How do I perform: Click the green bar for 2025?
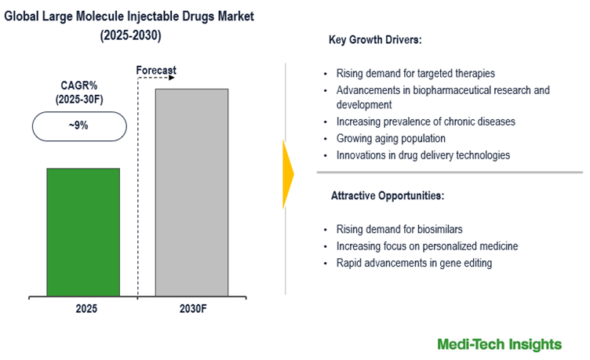click(83, 232)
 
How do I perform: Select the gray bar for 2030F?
click(191, 192)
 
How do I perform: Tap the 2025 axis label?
click(86, 309)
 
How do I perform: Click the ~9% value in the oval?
click(79, 125)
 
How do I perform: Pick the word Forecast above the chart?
click(156, 70)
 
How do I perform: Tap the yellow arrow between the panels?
click(288, 175)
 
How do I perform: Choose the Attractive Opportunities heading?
click(388, 195)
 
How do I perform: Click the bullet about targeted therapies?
click(415, 73)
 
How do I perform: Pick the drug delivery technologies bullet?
click(423, 155)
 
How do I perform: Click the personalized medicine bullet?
click(427, 246)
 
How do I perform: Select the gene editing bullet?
click(413, 263)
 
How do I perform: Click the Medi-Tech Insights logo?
click(500, 344)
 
